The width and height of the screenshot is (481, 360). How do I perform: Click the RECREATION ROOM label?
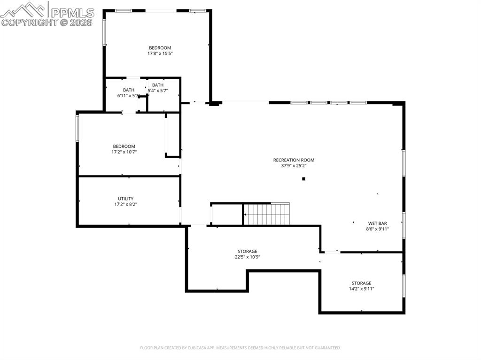point(294,160)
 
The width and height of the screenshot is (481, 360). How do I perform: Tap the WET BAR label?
point(377,223)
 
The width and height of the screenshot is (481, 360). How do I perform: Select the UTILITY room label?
point(125,199)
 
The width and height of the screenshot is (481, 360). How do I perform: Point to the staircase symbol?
point(266,214)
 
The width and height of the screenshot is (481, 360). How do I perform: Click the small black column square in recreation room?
point(304,179)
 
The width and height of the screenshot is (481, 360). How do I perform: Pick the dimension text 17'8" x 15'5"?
point(160,54)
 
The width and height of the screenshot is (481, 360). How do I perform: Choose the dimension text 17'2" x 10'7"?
point(124,152)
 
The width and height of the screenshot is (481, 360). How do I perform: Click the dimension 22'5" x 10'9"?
point(247,257)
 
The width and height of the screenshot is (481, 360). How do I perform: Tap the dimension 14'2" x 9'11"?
point(361,289)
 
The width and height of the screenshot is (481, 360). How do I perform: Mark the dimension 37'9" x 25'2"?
point(294,166)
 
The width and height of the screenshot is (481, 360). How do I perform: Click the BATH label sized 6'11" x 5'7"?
point(128,90)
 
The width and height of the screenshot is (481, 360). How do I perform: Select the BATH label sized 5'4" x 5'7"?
point(158,85)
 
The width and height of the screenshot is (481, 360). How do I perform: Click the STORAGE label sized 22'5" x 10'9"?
point(247,251)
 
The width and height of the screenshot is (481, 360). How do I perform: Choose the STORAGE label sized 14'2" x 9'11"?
point(361,283)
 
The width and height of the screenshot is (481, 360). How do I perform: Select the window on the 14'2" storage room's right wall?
point(403,285)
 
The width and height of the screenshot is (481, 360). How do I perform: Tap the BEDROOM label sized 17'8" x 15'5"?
point(160,48)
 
